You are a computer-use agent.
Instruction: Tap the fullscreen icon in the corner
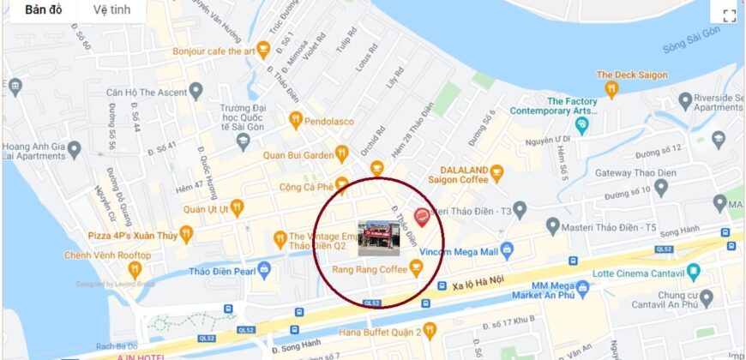pyautogui.click(x=730, y=15)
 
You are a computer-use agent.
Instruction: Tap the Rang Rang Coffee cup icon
pyautogui.click(x=416, y=269)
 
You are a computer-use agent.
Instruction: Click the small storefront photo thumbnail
pyautogui.click(x=377, y=239)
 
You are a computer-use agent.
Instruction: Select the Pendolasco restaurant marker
pyautogui.click(x=296, y=121)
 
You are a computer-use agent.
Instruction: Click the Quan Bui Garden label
pyautogui.click(x=298, y=155)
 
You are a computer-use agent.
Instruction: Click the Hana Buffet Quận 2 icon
pyautogui.click(x=430, y=329)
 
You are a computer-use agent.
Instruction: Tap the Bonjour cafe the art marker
pyautogui.click(x=263, y=50)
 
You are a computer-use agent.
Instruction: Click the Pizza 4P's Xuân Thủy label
pyautogui.click(x=131, y=235)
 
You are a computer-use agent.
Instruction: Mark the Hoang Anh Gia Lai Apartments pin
pyautogui.click(x=74, y=151)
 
